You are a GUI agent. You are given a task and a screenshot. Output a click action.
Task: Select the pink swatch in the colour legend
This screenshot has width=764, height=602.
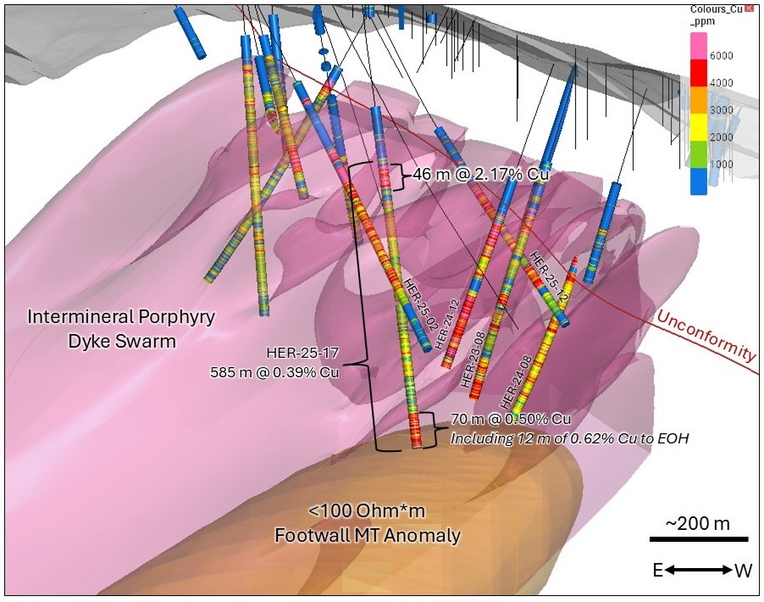pyautogui.click(x=699, y=47)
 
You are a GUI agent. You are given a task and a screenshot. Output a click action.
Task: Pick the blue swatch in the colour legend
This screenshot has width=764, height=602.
pyautogui.click(x=699, y=181)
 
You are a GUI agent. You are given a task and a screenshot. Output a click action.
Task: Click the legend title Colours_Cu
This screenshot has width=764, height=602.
pyautogui.click(x=716, y=9)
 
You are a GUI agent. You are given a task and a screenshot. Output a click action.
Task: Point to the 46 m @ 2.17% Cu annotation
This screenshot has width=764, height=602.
pyautogui.click(x=481, y=176)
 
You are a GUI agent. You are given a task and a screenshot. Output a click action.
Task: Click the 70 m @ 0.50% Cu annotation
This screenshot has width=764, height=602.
pyautogui.click(x=510, y=420)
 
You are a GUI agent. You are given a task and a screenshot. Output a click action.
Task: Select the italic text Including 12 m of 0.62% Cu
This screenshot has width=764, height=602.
pyautogui.click(x=542, y=439)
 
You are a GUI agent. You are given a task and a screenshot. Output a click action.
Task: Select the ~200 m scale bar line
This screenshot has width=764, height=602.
pyautogui.click(x=699, y=539)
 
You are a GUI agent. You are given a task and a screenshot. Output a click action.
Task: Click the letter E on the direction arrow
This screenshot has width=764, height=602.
pyautogui.click(x=657, y=571)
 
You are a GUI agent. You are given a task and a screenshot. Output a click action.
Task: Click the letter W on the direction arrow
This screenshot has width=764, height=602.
pyautogui.click(x=742, y=571)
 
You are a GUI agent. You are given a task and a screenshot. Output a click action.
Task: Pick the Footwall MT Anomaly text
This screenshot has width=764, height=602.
pyautogui.click(x=385, y=535)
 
